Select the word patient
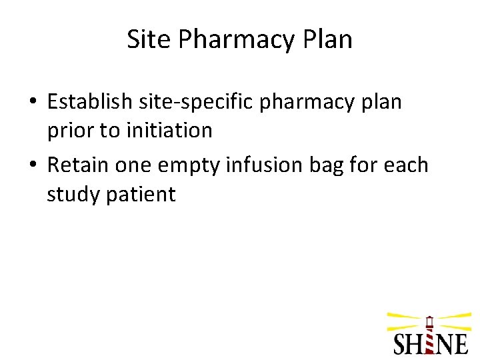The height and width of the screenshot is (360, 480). point(142,195)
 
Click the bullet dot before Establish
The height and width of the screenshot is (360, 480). point(33,101)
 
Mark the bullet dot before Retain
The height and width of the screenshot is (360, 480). point(33,164)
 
